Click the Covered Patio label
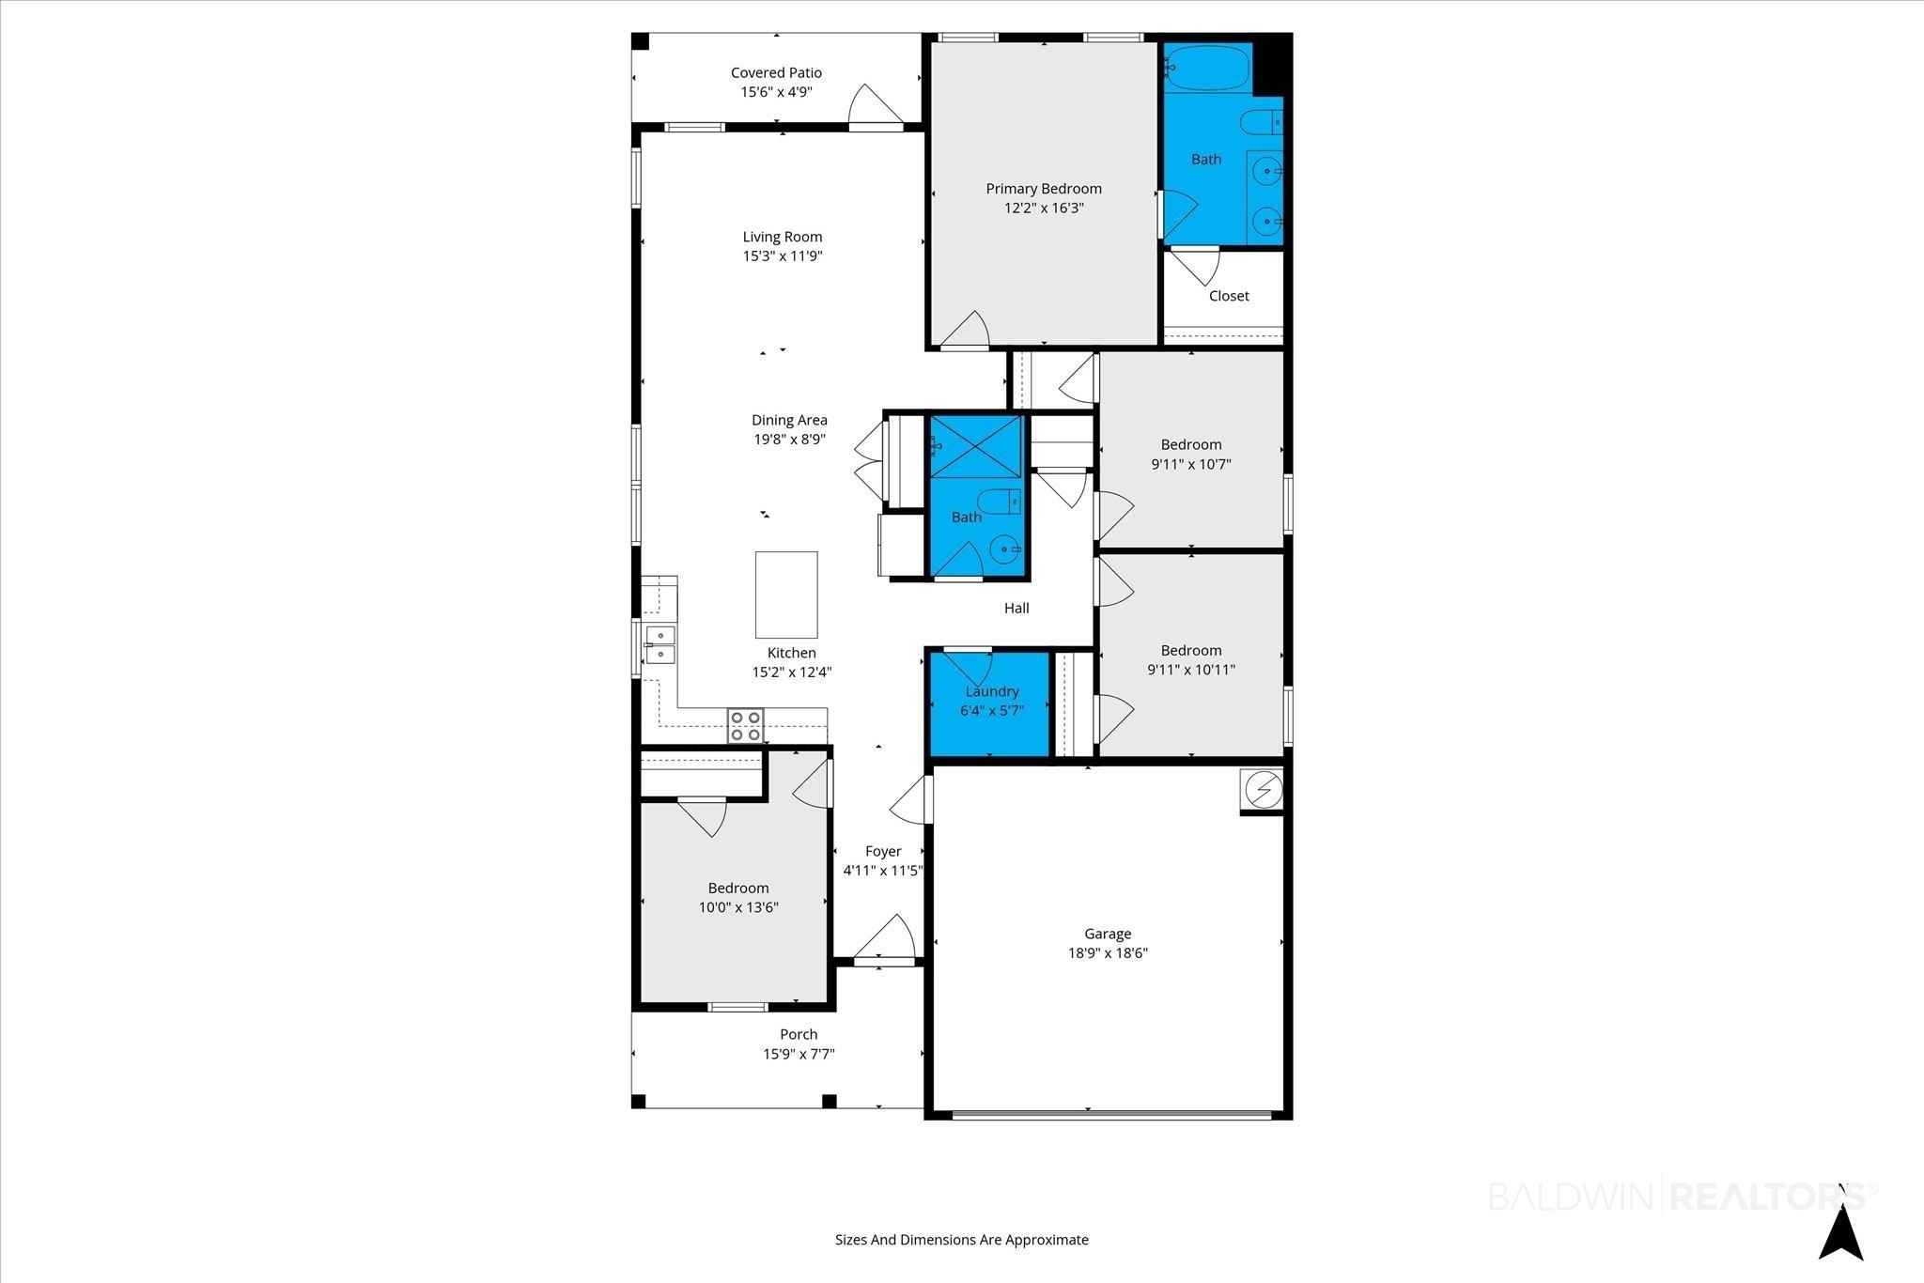click(776, 72)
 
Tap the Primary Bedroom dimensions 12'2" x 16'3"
click(1044, 208)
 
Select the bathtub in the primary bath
click(1207, 68)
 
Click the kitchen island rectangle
click(786, 595)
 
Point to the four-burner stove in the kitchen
click(745, 726)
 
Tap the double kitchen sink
click(659, 644)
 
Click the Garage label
click(1108, 934)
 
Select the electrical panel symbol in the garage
click(1262, 790)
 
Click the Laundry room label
click(992, 691)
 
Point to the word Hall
click(1016, 608)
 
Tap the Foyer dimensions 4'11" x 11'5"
click(883, 871)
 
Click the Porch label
click(799, 1034)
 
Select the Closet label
click(1229, 296)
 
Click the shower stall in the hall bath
click(975, 447)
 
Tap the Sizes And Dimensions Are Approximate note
click(962, 1240)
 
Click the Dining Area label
click(789, 420)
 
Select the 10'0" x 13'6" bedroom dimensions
click(738, 907)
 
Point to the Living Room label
click(783, 237)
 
